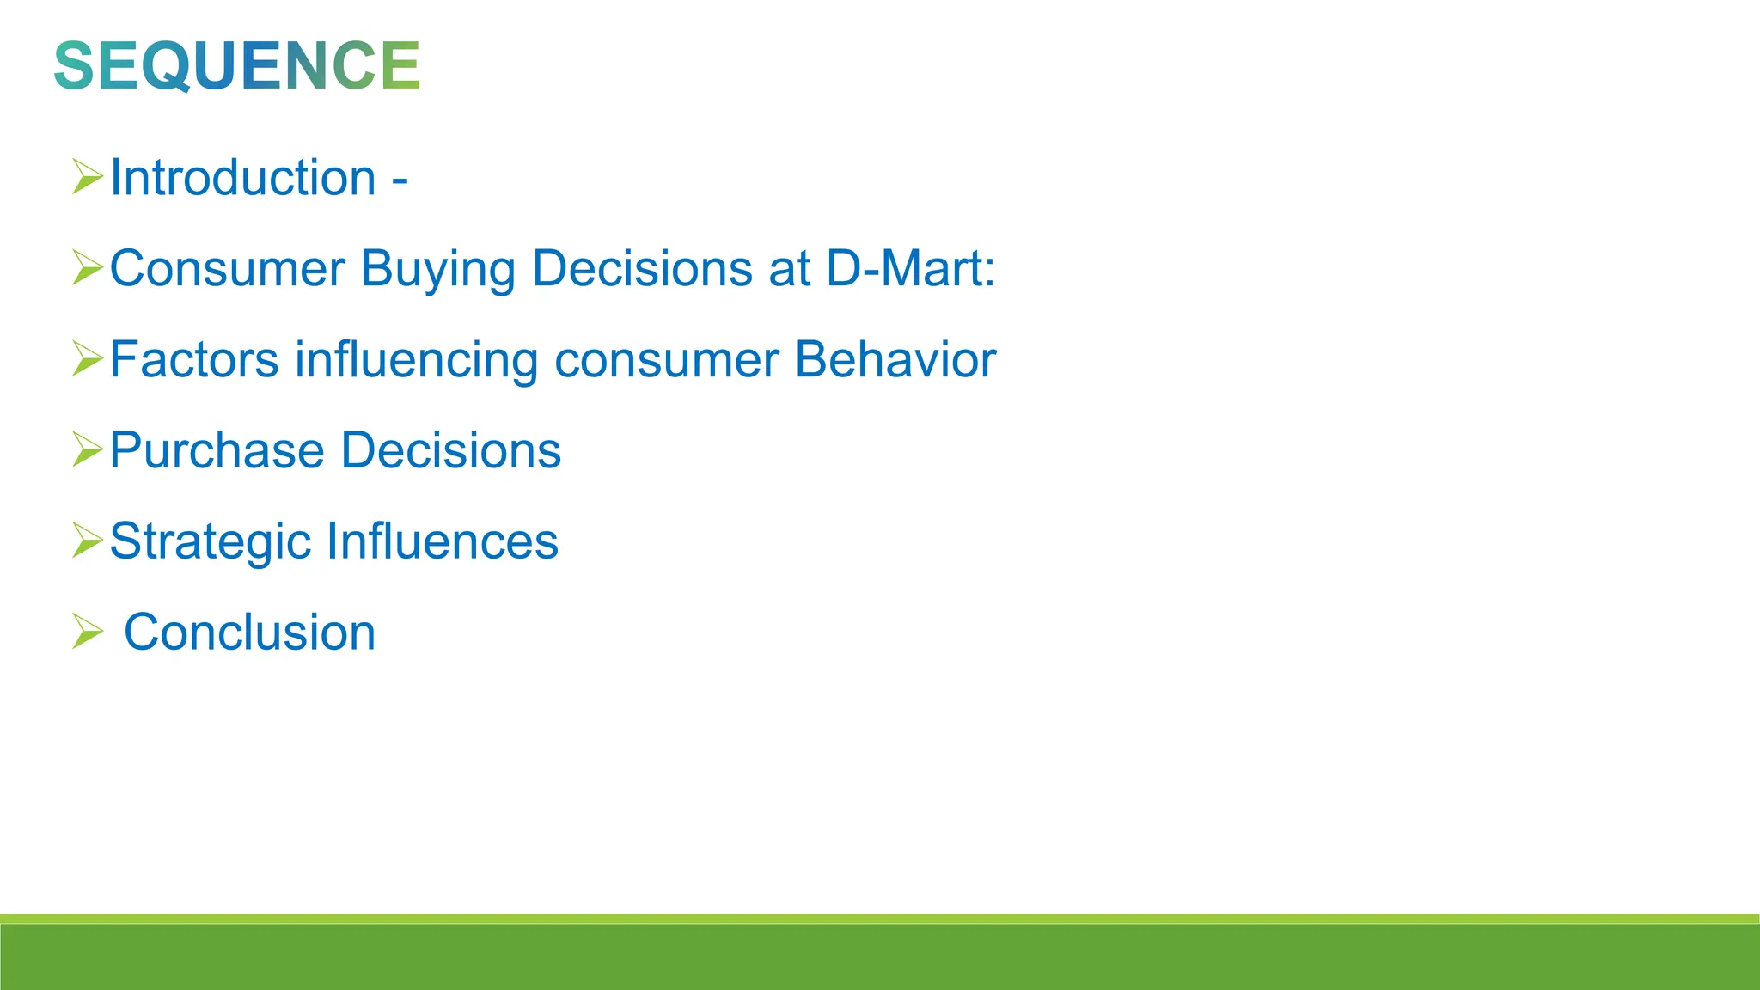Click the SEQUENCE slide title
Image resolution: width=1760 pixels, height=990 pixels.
236,65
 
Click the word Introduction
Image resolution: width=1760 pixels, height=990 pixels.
243,178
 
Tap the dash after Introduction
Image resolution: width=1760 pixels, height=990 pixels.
400,181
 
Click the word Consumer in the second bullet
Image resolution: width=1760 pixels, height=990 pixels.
227,269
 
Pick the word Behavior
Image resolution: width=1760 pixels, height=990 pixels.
895,359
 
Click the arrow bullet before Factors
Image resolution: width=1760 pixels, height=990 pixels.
87,358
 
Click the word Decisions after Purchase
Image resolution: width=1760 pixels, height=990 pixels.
451,450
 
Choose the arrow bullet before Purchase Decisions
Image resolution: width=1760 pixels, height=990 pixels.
87,449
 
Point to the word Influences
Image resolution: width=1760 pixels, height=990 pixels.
443,541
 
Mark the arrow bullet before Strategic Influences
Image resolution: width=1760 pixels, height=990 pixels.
87,541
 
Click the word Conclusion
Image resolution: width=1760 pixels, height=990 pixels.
249,632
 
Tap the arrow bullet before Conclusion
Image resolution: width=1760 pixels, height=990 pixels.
87,632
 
